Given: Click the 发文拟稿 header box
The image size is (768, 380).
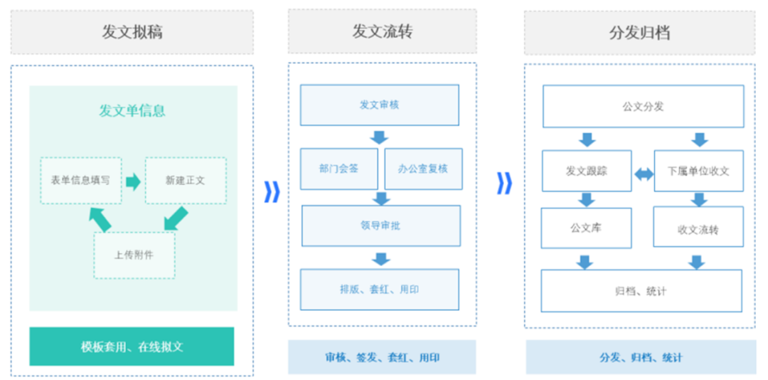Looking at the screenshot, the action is pyautogui.click(x=132, y=32).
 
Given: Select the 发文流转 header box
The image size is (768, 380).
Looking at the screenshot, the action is pyautogui.click(x=382, y=31).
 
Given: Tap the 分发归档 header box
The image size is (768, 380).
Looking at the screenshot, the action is pyautogui.click(x=640, y=33).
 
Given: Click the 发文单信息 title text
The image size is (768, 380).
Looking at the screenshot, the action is pyautogui.click(x=132, y=111).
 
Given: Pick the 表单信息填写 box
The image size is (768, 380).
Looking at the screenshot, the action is pyautogui.click(x=81, y=181).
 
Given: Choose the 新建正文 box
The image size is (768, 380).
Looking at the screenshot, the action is pyautogui.click(x=186, y=181).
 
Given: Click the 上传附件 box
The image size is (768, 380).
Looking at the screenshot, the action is pyautogui.click(x=134, y=255).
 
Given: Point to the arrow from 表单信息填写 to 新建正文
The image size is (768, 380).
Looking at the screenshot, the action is pyautogui.click(x=133, y=181).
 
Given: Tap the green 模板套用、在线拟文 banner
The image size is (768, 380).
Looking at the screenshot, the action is pyautogui.click(x=132, y=347).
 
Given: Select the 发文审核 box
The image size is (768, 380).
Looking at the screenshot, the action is pyautogui.click(x=380, y=105).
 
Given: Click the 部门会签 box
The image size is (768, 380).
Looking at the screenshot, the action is pyautogui.click(x=339, y=169).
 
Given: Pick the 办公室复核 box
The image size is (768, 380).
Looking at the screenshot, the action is pyautogui.click(x=424, y=169).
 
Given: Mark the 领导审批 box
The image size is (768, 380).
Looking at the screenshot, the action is pyautogui.click(x=381, y=226).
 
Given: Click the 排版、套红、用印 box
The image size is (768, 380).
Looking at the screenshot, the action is pyautogui.click(x=380, y=290).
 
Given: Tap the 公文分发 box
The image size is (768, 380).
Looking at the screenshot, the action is pyautogui.click(x=643, y=107).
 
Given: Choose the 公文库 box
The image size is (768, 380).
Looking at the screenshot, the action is pyautogui.click(x=586, y=228).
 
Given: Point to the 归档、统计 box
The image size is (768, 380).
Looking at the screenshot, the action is pyautogui.click(x=641, y=291).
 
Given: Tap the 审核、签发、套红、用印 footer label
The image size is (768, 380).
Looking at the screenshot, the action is pyautogui.click(x=382, y=357).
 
